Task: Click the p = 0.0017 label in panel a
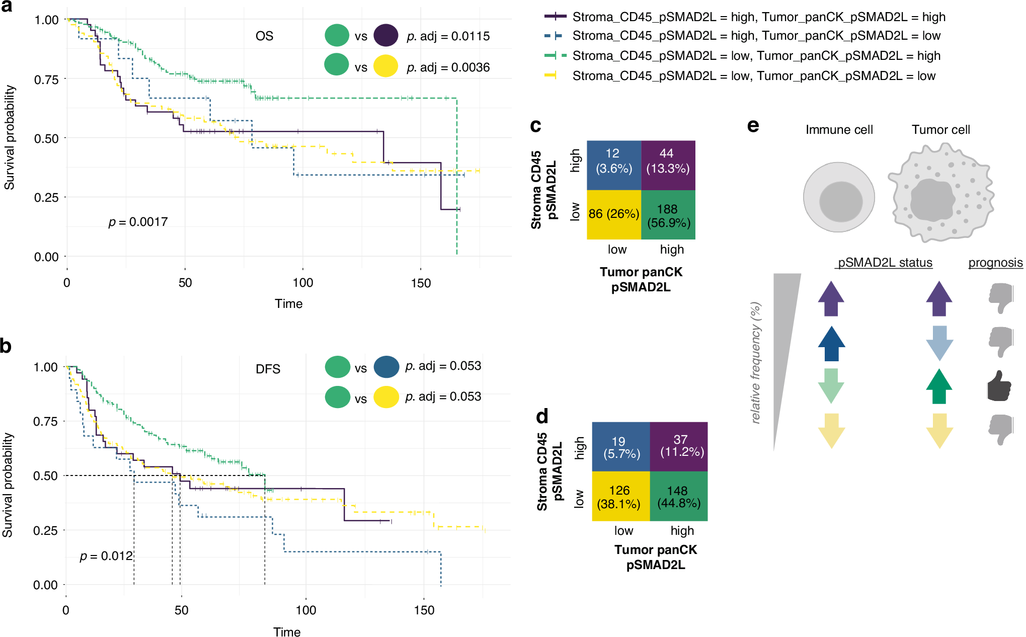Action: coord(138,222)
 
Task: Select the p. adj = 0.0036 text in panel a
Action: coord(448,67)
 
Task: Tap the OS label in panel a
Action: coord(264,36)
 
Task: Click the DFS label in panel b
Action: coord(268,369)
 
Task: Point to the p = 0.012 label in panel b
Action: coord(106,556)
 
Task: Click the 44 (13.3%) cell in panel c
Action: coord(668,162)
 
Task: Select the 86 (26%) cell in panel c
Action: coord(614,214)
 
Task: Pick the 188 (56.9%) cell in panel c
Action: coord(668,216)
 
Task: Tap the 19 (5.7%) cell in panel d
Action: coord(621,447)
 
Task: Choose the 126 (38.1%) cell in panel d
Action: coord(619,497)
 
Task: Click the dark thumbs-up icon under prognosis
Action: coord(999,386)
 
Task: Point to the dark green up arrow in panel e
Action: coord(939,386)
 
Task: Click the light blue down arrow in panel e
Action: coord(939,343)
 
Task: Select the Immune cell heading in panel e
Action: coord(839,130)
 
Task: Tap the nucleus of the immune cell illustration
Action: coord(841,202)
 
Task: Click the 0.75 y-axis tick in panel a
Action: coord(46,79)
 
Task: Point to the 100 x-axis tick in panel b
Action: coord(305,610)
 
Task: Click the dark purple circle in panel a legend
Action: coord(386,36)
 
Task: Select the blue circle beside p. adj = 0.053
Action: coord(386,367)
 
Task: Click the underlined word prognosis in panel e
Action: coord(995,263)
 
